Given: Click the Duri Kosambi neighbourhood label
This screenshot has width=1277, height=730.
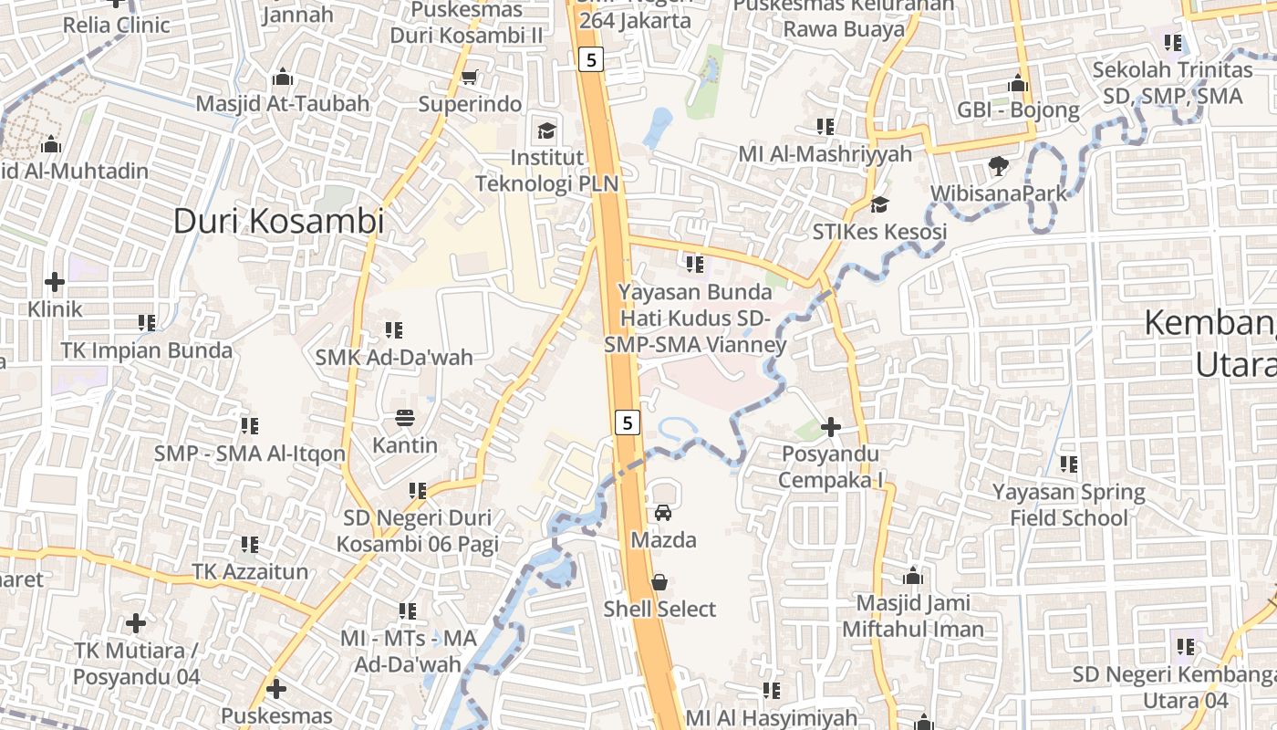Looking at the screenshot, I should pos(278,221).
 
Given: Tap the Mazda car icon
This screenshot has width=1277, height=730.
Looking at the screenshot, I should pos(663,513).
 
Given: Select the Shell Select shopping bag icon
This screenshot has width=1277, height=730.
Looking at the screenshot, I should pos(659,582).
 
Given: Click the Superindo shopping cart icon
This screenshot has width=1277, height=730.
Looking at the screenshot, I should pos(470,78).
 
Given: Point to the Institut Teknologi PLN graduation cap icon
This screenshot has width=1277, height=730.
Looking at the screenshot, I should pos(546,130).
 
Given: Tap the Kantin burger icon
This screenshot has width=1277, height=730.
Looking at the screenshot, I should pos(405,419).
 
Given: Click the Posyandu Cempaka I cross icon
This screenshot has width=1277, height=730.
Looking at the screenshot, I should pos(831,426).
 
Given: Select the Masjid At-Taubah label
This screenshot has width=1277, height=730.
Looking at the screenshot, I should pos(283,103).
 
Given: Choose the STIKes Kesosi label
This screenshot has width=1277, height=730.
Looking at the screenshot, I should pos(879,232).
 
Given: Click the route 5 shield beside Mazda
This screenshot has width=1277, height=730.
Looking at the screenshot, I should pos(627,422).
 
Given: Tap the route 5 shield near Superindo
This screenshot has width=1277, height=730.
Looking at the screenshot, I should pos(591,60).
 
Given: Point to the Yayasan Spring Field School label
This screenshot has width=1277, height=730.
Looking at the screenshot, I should pos(1068,505).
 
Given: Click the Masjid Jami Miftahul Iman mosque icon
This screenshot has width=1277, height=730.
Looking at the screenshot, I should pos(912,577).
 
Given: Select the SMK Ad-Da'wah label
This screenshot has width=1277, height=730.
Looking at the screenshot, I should pos(394,357).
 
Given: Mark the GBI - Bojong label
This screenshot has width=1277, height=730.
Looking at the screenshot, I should pos(1018,110).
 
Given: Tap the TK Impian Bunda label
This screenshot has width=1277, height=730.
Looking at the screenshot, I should pos(147,350).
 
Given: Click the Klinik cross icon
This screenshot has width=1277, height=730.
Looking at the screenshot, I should pos(55,282).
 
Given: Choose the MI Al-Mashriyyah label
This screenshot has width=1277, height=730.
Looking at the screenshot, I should pos(825,153).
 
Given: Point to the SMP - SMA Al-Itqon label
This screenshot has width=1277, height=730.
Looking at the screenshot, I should pos(249,454).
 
